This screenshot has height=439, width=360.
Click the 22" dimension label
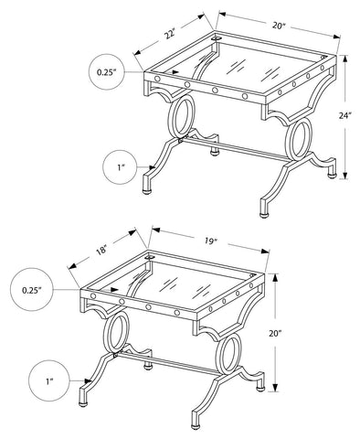(170, 33)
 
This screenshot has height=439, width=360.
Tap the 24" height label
(345, 115)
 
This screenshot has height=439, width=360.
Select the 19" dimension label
(210, 241)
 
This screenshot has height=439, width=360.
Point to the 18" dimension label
(101, 250)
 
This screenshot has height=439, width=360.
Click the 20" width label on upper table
(278, 26)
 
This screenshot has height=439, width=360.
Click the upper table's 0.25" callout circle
(107, 72)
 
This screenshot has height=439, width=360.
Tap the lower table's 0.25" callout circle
(32, 290)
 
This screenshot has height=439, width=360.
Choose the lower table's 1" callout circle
(49, 381)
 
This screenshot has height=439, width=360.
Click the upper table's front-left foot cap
(147, 191)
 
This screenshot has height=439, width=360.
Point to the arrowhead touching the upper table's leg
(152, 167)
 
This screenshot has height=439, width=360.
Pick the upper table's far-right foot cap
(332, 176)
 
